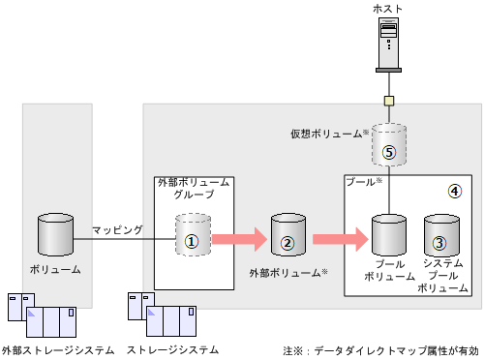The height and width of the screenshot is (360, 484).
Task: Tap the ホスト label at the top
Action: (x=387, y=9)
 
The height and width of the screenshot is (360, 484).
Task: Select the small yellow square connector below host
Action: (x=387, y=101)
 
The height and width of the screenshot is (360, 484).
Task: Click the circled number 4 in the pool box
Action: (x=455, y=191)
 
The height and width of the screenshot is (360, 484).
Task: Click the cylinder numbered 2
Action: (x=287, y=235)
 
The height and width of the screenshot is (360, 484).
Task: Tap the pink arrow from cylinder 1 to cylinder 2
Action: (x=238, y=237)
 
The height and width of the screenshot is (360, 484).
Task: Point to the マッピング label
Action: (x=118, y=229)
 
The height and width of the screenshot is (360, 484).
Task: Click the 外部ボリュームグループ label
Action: (x=194, y=188)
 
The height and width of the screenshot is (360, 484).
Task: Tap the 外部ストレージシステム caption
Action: (x=58, y=349)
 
